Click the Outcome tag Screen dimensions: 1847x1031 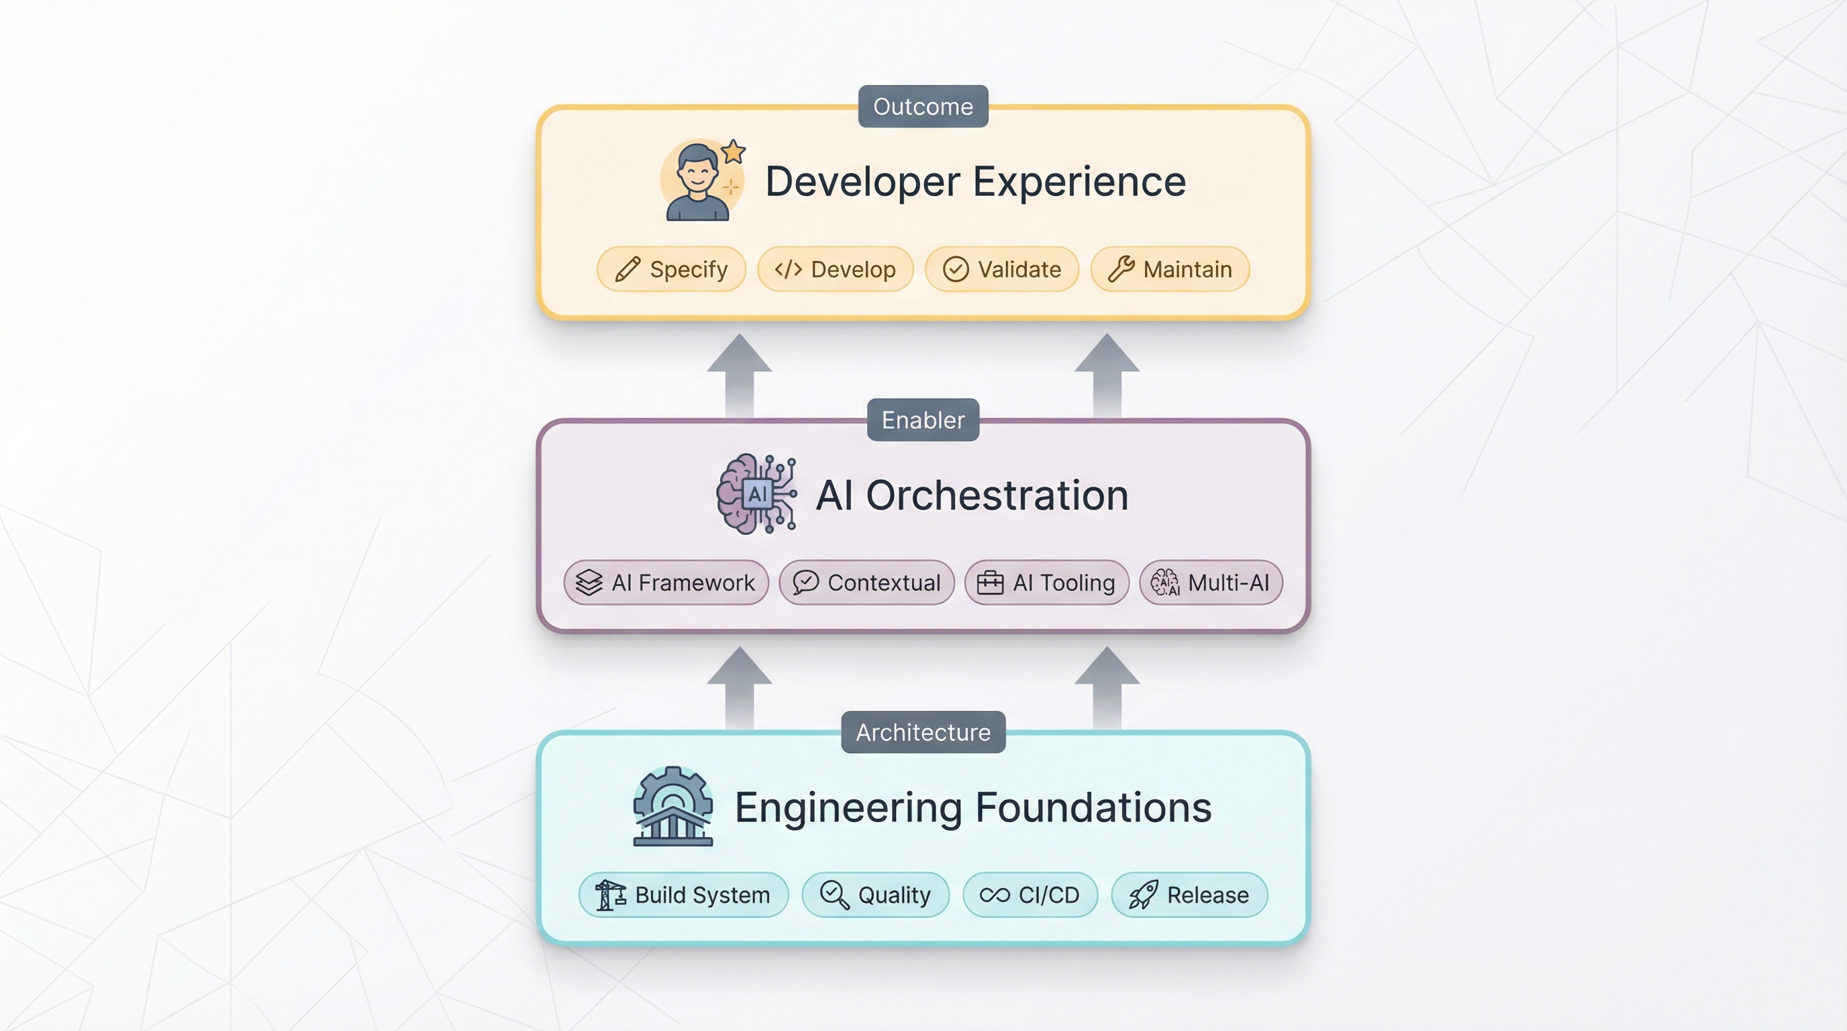[923, 106]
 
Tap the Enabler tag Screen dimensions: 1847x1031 [923, 420]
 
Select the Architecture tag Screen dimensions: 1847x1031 [923, 732]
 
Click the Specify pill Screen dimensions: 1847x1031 [671, 269]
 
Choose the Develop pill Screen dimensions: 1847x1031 [836, 269]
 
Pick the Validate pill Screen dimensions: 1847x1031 [1001, 269]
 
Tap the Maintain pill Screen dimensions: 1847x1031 [1170, 269]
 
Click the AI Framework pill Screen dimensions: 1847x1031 [666, 582]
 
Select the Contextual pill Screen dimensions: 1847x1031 [867, 582]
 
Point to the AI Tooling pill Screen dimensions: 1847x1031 [1047, 582]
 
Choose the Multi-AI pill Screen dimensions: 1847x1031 [1211, 582]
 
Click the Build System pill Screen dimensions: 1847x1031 [683, 895]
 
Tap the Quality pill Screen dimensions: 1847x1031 [875, 895]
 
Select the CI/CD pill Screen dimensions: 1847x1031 [1030, 895]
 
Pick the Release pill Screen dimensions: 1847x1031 [1189, 895]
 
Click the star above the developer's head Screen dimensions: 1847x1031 [733, 152]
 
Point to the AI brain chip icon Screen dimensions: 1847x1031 [756, 494]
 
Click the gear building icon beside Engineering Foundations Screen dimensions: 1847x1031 [672, 807]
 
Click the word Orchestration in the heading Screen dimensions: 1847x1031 [997, 495]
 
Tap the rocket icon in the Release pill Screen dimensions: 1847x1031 [1143, 895]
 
